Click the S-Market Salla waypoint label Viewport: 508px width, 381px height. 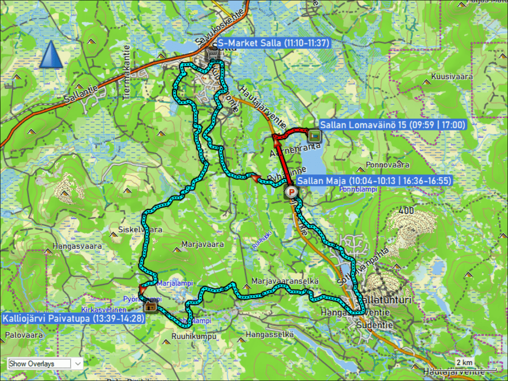(273, 43)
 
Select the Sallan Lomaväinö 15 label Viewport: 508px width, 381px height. (392, 125)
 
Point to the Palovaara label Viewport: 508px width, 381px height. (24, 335)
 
